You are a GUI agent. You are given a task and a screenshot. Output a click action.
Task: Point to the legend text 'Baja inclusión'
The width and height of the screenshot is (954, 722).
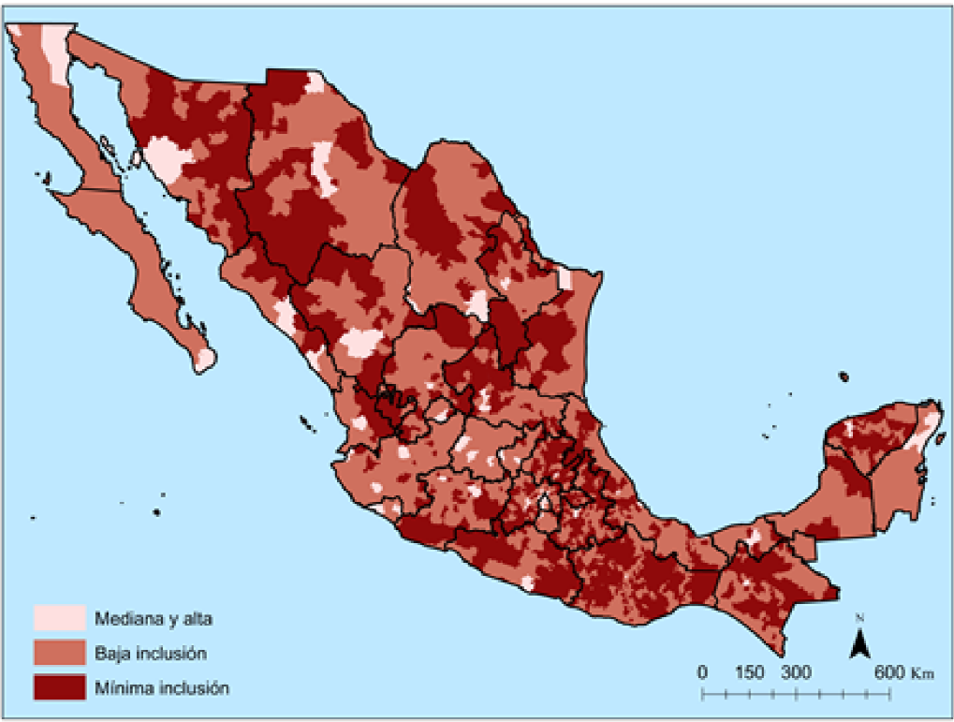pos(150,652)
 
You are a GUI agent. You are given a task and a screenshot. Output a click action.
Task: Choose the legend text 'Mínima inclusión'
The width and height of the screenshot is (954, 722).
pos(161,686)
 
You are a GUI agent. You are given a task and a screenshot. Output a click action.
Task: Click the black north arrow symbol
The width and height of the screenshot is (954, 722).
pos(860,643)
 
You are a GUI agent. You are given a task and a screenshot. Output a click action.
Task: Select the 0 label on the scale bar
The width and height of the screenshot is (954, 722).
pos(702,672)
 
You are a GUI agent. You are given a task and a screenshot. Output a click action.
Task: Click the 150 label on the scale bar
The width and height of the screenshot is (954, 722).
pos(750,672)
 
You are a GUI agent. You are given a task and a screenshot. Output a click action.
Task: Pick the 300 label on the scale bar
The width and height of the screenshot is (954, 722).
pos(796,672)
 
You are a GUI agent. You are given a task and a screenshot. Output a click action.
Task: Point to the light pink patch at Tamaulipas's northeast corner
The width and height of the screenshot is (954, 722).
pos(565,278)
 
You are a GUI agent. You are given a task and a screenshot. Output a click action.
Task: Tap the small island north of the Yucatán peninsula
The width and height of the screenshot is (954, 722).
pos(844,376)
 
